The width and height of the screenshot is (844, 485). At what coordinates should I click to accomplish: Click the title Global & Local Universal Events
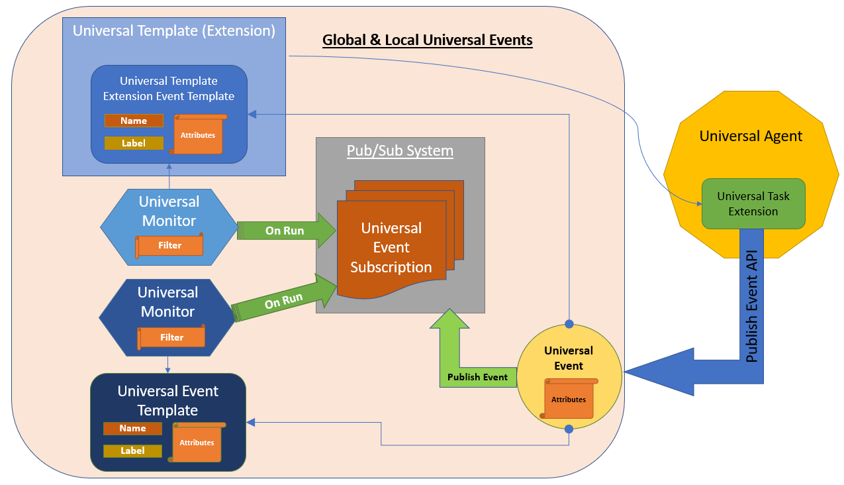click(427, 40)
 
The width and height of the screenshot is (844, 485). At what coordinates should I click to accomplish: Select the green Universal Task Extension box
click(753, 203)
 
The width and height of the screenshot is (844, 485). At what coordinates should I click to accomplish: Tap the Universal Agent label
click(751, 136)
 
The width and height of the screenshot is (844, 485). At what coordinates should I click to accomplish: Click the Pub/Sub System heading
click(400, 151)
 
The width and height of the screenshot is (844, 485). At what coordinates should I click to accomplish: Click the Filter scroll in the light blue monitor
click(169, 246)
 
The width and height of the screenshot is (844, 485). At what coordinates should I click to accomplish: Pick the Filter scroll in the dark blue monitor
click(171, 337)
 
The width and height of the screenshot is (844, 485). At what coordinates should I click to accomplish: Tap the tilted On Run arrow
click(283, 302)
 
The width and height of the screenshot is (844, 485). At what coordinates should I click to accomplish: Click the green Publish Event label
click(477, 377)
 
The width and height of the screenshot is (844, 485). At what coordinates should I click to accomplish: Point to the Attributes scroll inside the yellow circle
click(569, 399)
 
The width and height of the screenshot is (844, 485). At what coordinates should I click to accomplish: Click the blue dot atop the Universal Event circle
click(569, 324)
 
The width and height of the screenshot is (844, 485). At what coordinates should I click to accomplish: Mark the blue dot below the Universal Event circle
click(569, 429)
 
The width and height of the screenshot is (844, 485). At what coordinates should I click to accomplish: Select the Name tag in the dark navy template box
click(132, 429)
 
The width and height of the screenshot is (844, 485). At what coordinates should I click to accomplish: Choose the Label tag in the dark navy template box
click(132, 451)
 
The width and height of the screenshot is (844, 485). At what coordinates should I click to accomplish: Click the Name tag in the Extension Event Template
click(134, 121)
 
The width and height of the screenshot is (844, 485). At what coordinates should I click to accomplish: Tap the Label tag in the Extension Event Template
click(134, 143)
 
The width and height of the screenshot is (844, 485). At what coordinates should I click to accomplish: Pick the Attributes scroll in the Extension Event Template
click(198, 135)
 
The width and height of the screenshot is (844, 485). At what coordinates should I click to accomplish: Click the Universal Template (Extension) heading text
click(174, 30)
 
